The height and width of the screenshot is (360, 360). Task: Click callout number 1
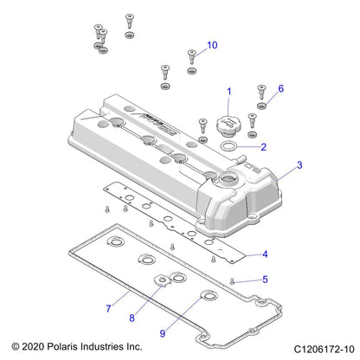(229, 91)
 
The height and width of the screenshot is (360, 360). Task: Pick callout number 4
(265, 254)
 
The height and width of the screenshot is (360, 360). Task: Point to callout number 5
(265, 280)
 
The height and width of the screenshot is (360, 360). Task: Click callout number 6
(280, 88)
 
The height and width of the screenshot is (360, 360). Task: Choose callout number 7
(108, 308)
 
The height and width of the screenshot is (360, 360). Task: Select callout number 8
(132, 318)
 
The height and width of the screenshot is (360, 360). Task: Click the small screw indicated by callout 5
(235, 280)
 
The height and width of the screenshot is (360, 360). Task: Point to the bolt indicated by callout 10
(191, 57)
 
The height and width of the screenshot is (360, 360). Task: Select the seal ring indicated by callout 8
(161, 280)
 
